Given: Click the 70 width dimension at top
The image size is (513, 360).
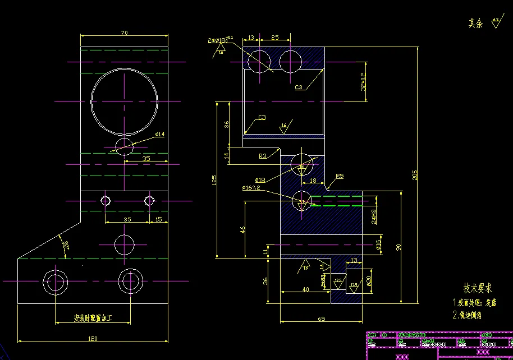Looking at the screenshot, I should pos(124,33).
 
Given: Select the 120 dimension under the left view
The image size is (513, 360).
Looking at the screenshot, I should pos(93,338).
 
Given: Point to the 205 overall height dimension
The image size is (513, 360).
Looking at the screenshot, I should pos(415,176).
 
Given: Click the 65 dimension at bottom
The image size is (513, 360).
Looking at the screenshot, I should pos(321,319).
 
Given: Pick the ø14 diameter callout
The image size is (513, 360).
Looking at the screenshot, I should pos(159,135).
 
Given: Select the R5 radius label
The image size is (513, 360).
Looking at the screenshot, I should pos(339,176).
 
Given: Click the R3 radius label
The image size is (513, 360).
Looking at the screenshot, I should pos(263,156).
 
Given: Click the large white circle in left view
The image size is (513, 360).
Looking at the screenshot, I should pos(125,102).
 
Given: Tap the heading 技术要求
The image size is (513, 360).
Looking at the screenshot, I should pos(477,288).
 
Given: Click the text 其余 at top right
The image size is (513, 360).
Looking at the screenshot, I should pos(475,24).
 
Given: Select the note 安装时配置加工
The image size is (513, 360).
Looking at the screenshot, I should pos(94,319).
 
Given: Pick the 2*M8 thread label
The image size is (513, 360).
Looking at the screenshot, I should pos(374,216).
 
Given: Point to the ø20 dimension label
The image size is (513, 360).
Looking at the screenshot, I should pos(369,280).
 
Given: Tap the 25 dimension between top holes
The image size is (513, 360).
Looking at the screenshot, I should pos(275,38).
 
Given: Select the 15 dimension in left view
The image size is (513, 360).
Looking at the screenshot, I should pos(158,219).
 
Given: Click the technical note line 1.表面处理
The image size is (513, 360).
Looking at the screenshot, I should pos(475,302).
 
